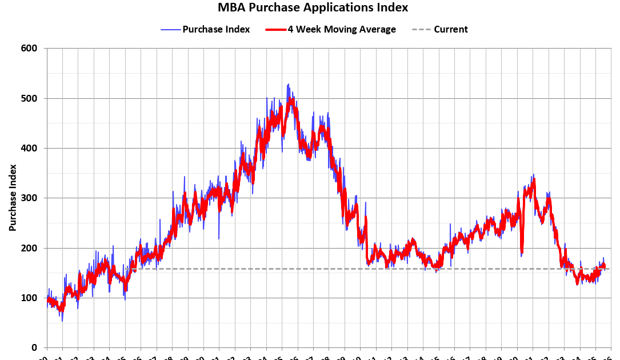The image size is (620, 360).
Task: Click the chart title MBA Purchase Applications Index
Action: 313,8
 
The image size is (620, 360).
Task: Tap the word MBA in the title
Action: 231,8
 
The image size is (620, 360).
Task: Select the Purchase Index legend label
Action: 216,30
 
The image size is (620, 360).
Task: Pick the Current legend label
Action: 450,30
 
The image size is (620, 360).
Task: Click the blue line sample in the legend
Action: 170,30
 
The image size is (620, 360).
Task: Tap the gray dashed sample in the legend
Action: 421,30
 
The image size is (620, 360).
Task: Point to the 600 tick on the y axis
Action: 30,49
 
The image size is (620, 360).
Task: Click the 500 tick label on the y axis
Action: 30,98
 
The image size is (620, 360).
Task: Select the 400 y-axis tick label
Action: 30,149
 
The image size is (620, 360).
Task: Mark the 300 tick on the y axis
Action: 30,198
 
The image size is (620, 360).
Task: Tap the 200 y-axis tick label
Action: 30,248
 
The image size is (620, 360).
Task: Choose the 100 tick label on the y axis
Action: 30,298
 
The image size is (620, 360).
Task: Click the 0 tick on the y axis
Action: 35,348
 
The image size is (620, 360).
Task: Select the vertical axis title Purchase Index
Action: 12,198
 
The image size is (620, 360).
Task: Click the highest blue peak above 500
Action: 288,85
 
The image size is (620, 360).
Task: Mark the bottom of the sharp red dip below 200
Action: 522,251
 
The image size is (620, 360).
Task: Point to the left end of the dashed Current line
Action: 131,269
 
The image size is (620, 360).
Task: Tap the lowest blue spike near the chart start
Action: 62,321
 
